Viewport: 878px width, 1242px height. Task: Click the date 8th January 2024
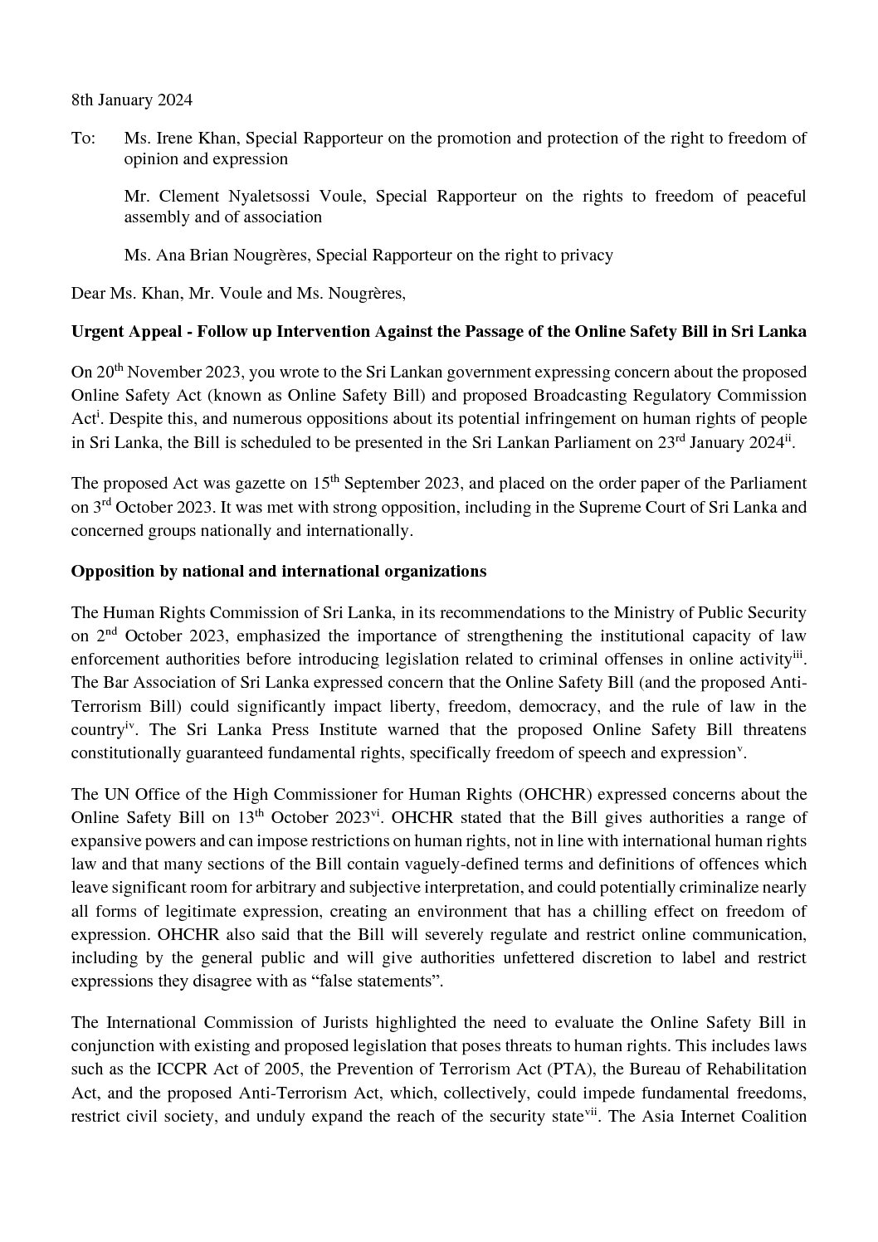(131, 100)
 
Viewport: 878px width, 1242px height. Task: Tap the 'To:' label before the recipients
(83, 139)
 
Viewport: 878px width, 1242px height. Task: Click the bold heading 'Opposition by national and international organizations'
(278, 572)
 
